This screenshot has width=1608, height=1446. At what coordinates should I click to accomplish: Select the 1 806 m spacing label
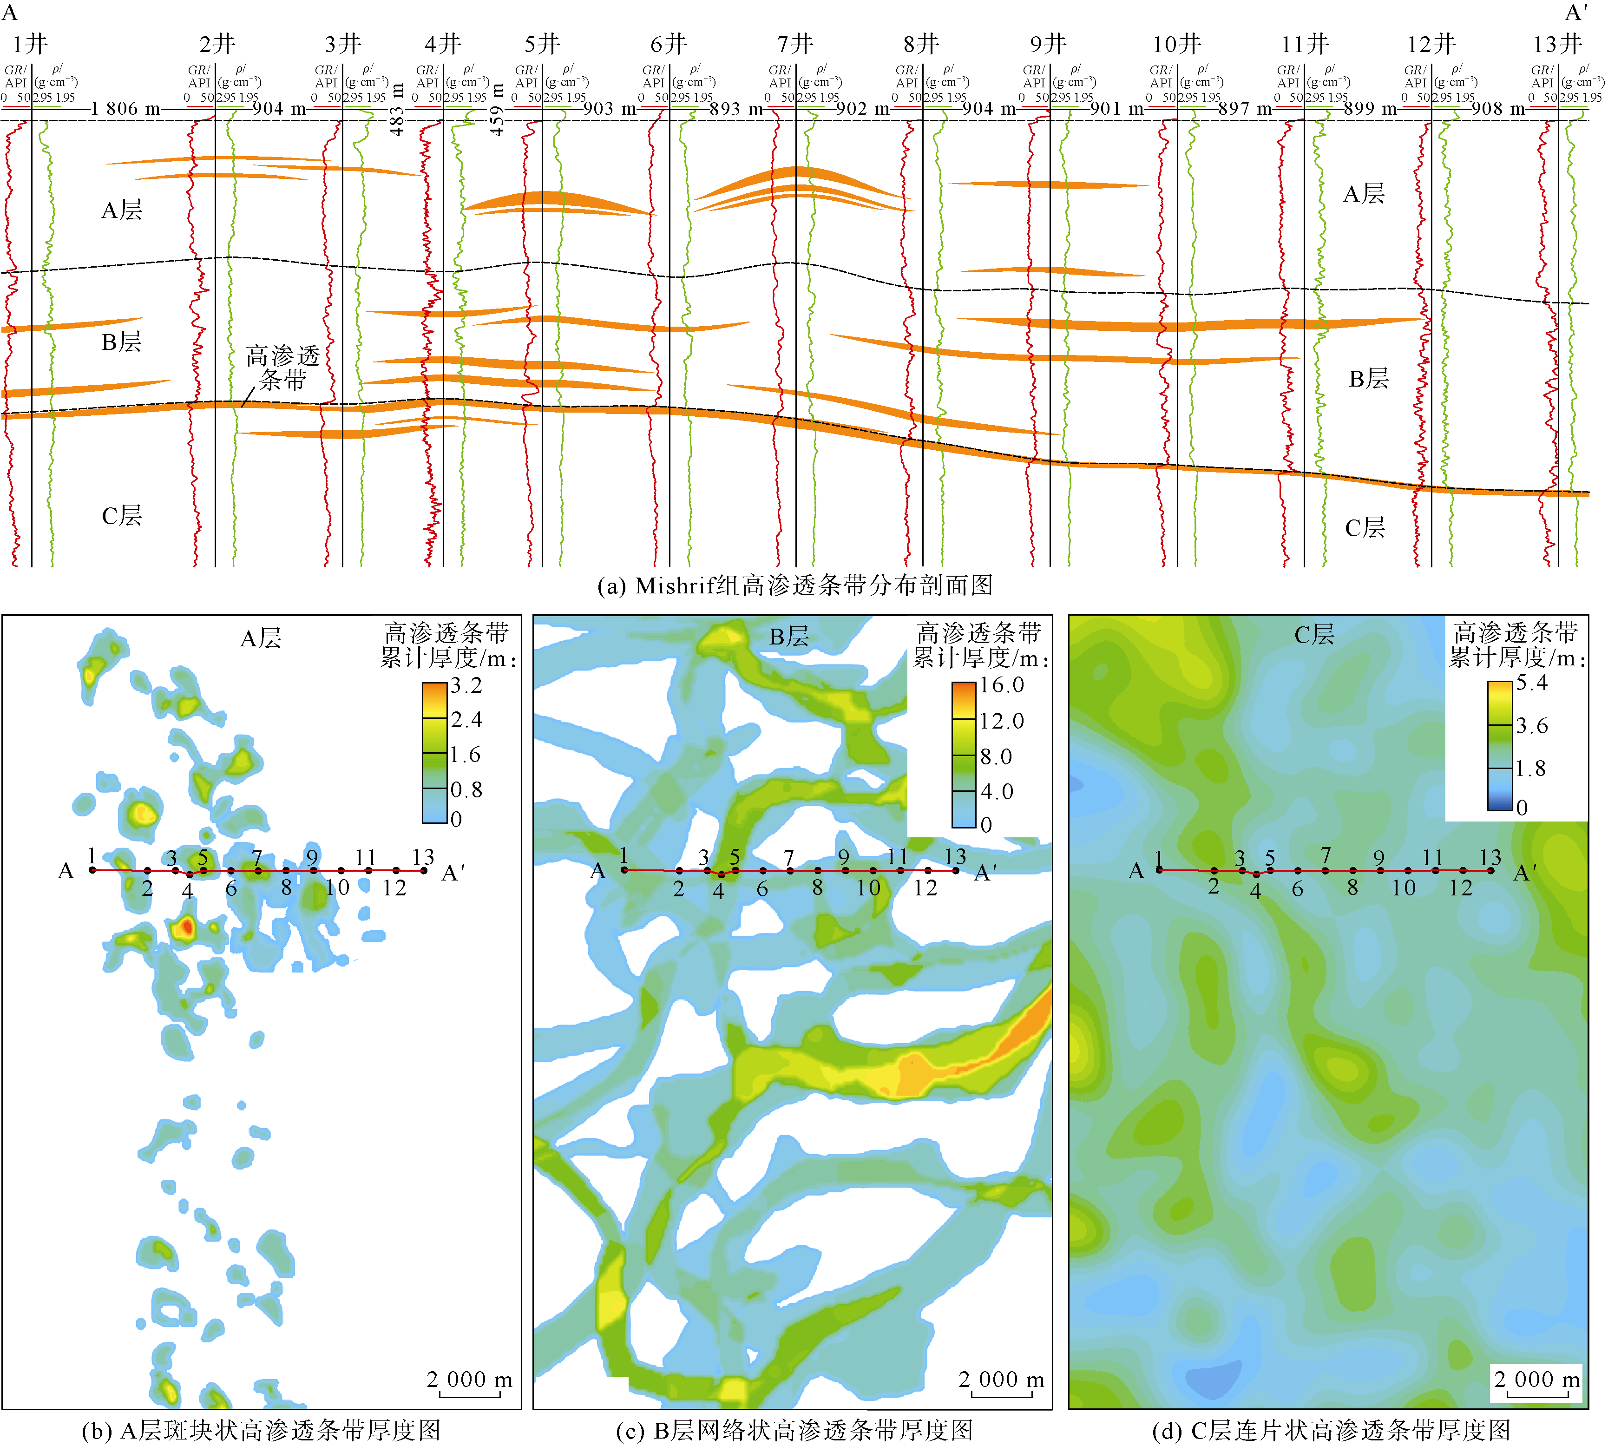[x=125, y=108]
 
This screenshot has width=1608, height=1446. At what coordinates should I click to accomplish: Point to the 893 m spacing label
[x=735, y=108]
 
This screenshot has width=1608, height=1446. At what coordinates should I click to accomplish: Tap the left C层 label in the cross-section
[x=122, y=516]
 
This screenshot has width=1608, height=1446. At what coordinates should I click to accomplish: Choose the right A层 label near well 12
[x=1364, y=193]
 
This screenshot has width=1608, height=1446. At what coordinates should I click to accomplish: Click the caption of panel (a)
[x=794, y=585]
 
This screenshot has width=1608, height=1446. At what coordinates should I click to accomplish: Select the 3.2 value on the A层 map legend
[x=466, y=685]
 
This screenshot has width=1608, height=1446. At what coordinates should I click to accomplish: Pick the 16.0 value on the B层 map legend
[x=1001, y=685]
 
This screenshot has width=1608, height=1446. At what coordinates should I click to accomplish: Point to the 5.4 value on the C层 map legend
[x=1532, y=683]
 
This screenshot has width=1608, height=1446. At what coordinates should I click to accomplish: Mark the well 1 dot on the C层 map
[x=1159, y=870]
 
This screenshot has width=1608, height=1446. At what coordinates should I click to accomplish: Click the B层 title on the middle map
[x=789, y=637]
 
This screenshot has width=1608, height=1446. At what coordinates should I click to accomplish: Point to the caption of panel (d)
[x=1331, y=1431]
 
